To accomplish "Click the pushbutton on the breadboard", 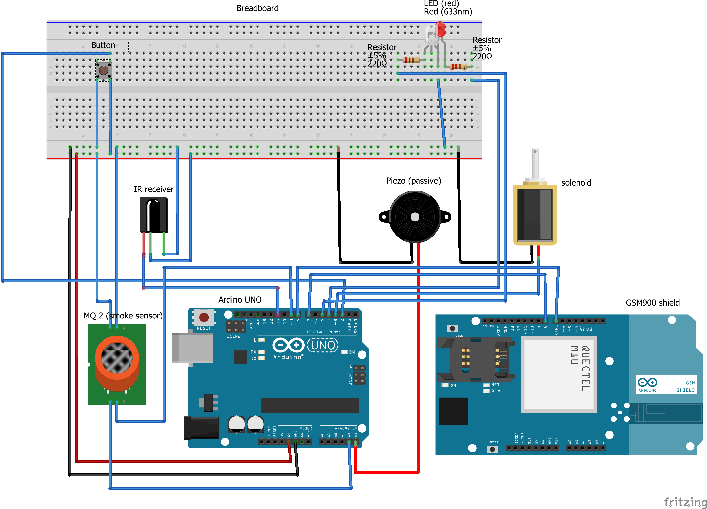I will pyautogui.click(x=103, y=70).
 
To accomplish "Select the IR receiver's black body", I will pyautogui.click(x=154, y=215).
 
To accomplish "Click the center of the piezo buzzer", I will pyautogui.click(x=415, y=217).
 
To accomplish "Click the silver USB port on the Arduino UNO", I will pyautogui.click(x=192, y=348).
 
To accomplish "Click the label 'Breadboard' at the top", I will pyautogui.click(x=257, y=8).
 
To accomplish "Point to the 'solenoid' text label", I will pyautogui.click(x=576, y=183).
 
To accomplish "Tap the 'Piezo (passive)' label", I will pyautogui.click(x=413, y=181).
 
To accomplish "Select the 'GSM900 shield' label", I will pyautogui.click(x=652, y=303).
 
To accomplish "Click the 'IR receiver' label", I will pyautogui.click(x=154, y=189).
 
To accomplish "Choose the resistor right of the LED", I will pyautogui.click(x=458, y=66).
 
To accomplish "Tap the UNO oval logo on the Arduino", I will pyautogui.click(x=323, y=345).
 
